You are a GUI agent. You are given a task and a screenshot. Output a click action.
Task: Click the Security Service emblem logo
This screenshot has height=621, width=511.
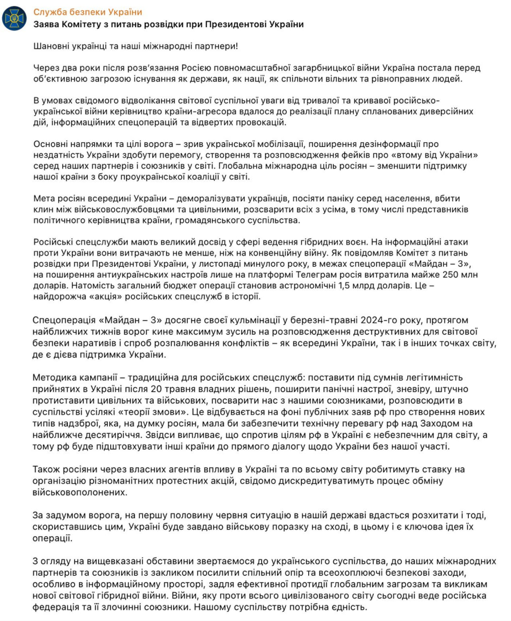pos(15,18)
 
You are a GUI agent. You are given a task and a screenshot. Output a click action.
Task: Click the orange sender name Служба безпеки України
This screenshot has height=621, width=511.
pos(88,12)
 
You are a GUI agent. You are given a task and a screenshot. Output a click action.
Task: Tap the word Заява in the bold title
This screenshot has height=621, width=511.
pos(46,24)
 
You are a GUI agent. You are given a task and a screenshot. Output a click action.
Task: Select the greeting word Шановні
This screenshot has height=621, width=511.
pos(50,47)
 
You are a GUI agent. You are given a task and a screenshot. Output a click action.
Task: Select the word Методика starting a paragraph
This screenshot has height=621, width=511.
pos(53,377)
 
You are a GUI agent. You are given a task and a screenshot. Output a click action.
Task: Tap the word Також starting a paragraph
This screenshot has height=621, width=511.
pos(46,469)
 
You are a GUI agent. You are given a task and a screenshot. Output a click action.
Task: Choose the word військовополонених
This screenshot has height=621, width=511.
pos(80,492)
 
